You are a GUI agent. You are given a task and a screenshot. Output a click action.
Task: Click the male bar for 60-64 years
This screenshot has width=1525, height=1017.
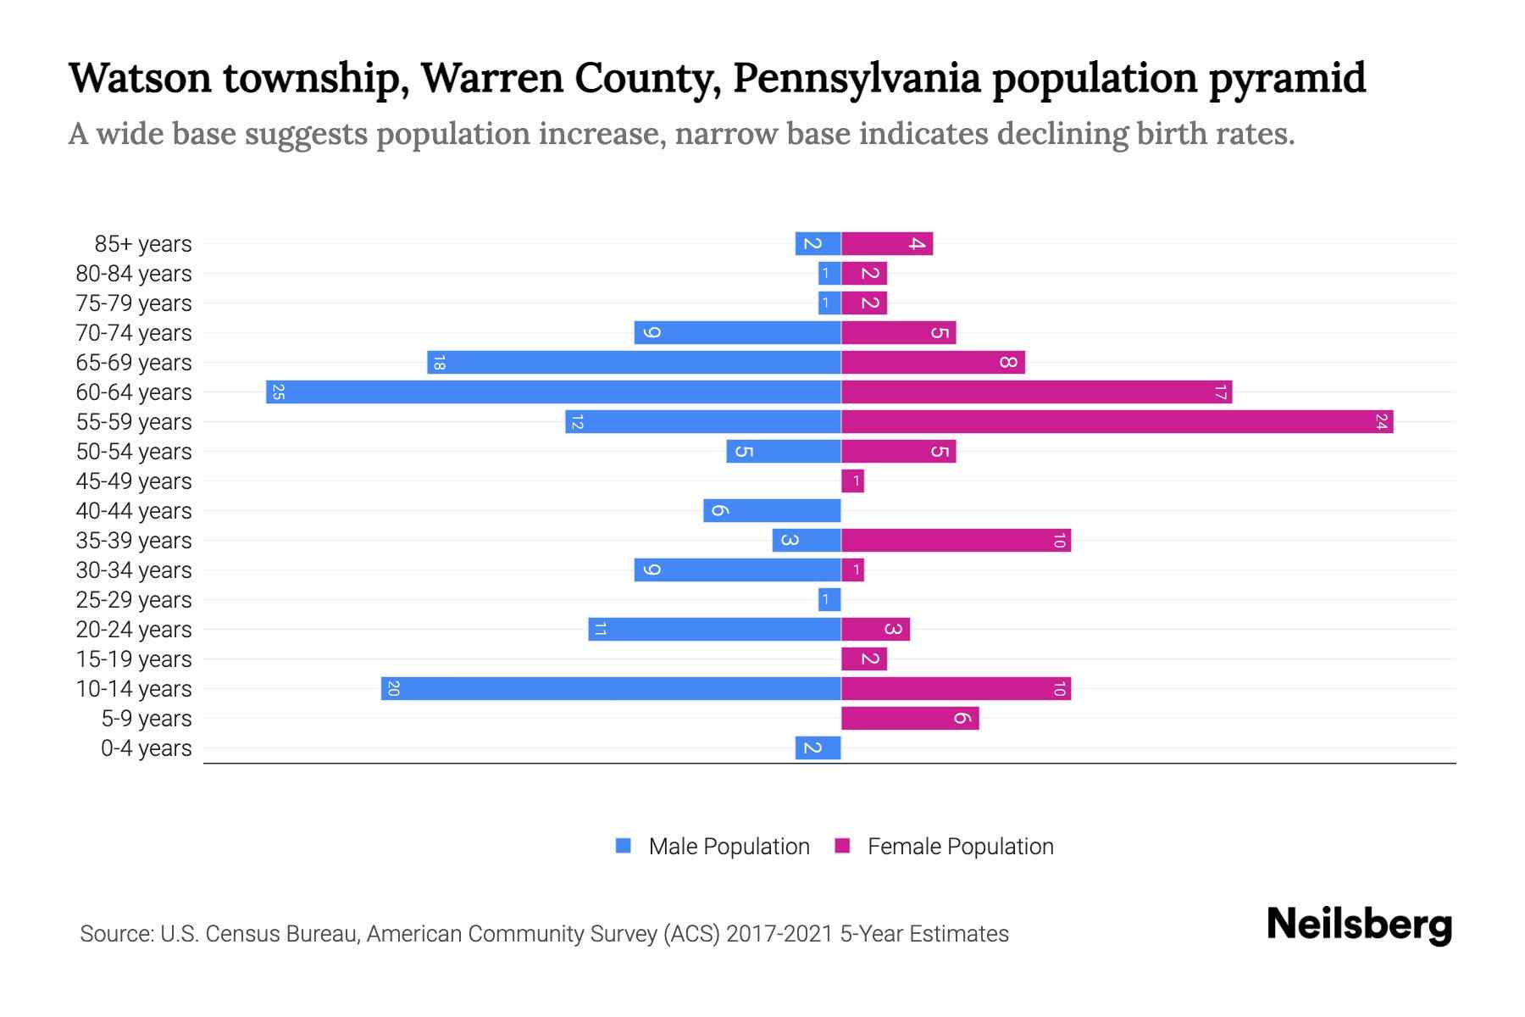click(x=553, y=392)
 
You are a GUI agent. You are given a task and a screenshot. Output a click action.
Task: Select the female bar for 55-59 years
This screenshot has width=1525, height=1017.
click(x=1117, y=422)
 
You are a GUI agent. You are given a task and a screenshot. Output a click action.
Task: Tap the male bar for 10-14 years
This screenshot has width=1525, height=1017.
click(x=611, y=689)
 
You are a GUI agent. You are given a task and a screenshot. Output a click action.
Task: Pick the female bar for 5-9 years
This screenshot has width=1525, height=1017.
click(x=910, y=719)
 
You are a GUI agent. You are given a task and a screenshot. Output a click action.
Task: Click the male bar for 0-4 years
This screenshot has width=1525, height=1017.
click(x=818, y=748)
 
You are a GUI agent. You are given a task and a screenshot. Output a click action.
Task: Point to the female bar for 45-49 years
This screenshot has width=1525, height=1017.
click(x=852, y=481)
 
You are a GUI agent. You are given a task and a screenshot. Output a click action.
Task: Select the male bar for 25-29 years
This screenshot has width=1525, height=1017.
click(x=829, y=600)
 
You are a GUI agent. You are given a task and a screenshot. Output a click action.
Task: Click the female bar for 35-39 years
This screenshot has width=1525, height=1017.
click(x=956, y=541)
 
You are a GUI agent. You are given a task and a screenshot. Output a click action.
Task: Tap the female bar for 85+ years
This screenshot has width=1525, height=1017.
click(x=887, y=244)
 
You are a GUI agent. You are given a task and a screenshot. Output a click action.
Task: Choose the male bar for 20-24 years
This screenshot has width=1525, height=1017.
click(x=714, y=630)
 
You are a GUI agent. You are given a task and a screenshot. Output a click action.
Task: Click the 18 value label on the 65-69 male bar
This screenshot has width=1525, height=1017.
click(x=439, y=363)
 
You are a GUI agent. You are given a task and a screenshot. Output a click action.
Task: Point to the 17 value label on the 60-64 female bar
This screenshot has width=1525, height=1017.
click(x=1220, y=392)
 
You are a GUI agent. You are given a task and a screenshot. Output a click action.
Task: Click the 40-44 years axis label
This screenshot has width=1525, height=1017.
click(x=134, y=511)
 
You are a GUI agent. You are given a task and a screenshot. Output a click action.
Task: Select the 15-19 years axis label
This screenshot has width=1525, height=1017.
click(x=134, y=659)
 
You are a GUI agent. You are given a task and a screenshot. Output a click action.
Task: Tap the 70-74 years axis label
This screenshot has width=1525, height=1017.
click(x=134, y=333)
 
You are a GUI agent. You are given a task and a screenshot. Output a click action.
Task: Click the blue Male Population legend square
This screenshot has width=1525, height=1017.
click(x=624, y=846)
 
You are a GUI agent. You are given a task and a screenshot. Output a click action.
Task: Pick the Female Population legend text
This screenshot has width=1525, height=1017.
click(x=960, y=847)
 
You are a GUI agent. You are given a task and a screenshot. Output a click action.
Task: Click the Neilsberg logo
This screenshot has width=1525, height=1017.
click(x=1359, y=925)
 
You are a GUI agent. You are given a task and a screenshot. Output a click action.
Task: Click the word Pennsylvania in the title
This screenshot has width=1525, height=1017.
click(x=856, y=78)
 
